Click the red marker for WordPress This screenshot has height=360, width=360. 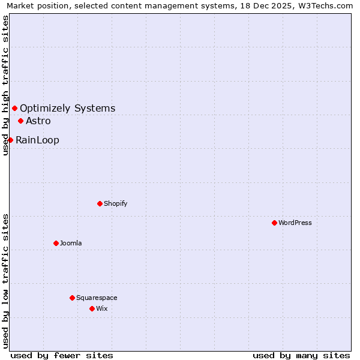(274, 223)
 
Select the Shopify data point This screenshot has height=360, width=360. (100, 203)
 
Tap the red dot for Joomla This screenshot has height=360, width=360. (56, 243)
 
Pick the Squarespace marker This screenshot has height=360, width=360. (72, 298)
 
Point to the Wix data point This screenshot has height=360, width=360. (92, 308)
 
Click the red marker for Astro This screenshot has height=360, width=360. (20, 121)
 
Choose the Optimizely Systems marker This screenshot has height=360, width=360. (14, 108)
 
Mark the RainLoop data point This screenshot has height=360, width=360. (10, 140)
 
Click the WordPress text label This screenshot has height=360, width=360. (295, 223)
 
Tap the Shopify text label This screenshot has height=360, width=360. (116, 203)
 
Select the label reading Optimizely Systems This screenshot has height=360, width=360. (68, 109)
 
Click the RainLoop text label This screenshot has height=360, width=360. (37, 140)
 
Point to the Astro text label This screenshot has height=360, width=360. (38, 121)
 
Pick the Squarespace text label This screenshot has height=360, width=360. (97, 298)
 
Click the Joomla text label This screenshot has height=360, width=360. (71, 243)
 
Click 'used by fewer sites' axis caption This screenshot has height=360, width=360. (62, 355)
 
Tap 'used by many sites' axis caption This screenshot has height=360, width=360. (301, 355)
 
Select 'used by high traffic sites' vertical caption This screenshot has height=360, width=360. (5, 85)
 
